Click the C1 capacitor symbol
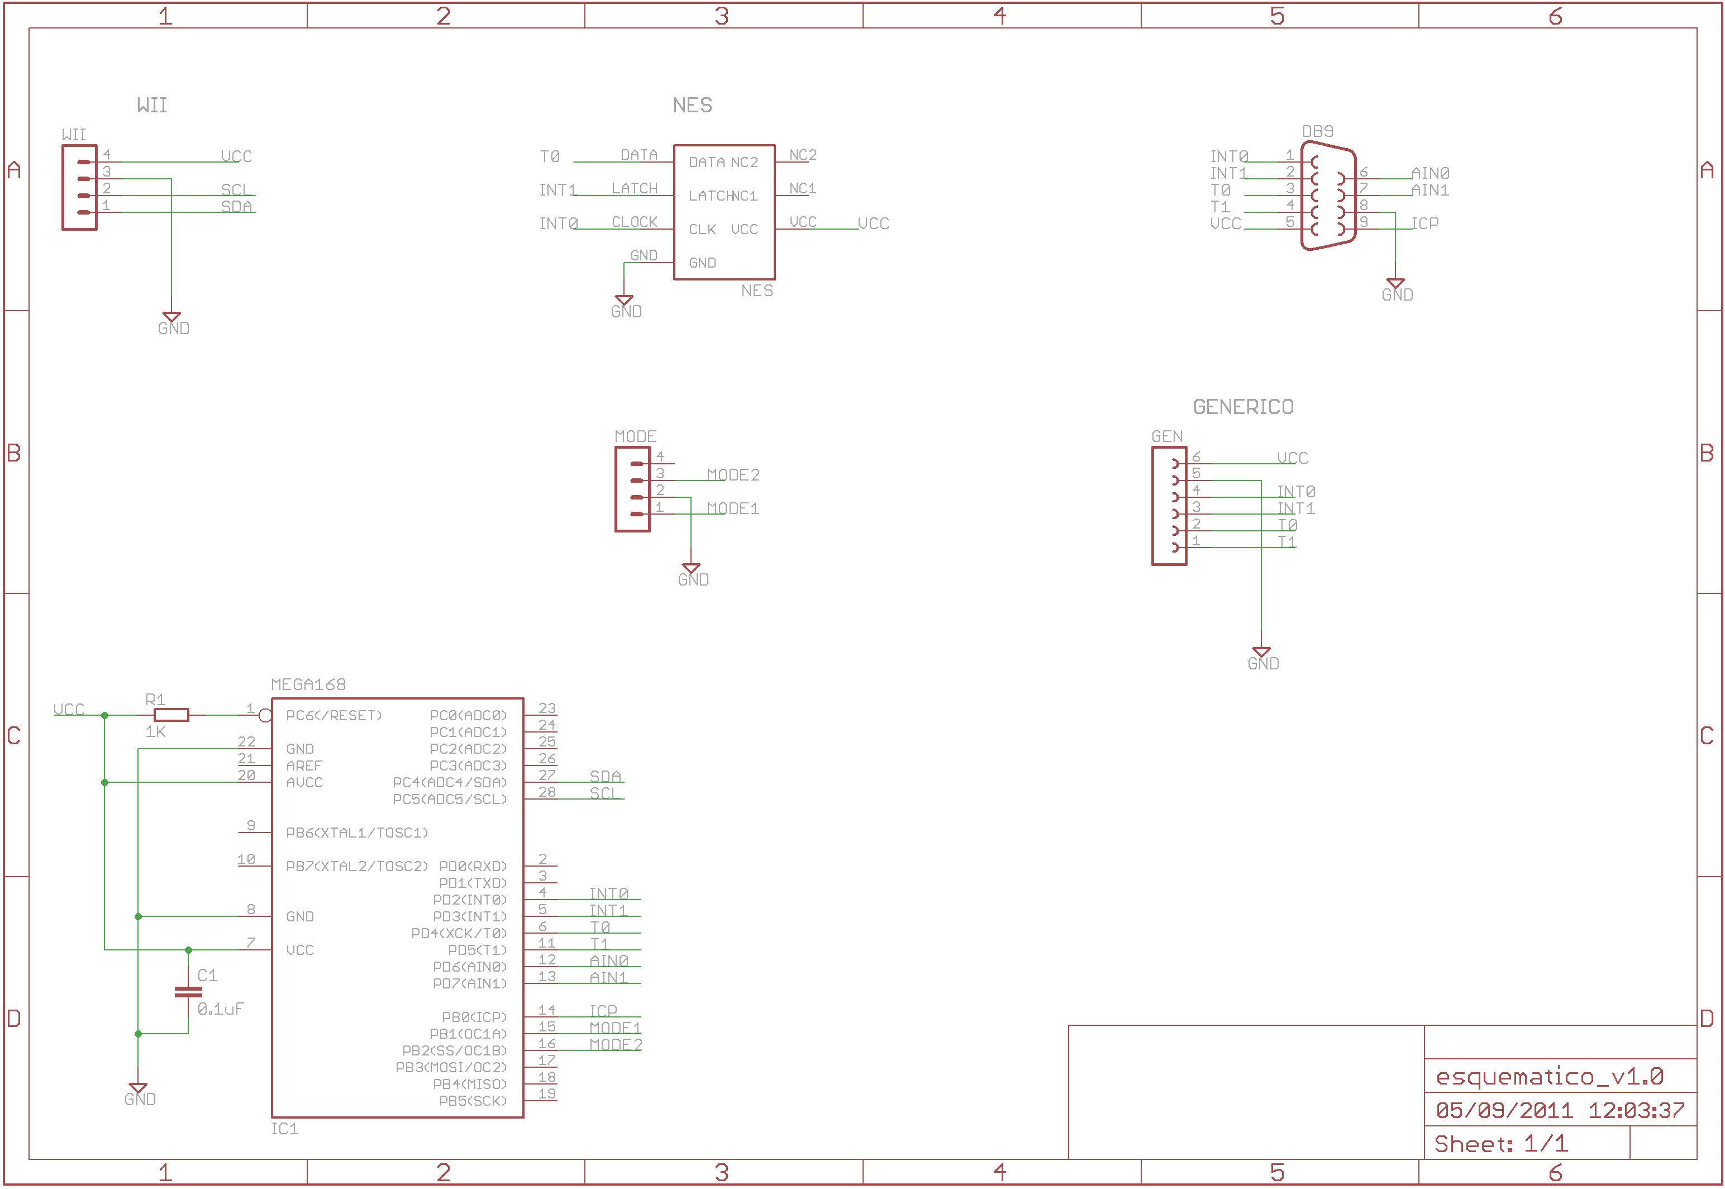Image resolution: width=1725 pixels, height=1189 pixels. coord(188,992)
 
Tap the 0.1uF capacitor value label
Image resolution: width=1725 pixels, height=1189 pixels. coord(221,1010)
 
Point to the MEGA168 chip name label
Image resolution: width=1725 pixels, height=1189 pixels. coord(308,684)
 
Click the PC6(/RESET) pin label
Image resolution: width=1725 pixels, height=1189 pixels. coord(333,716)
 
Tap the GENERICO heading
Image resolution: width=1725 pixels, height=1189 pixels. coord(1243,407)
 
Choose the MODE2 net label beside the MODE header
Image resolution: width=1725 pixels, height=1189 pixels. coord(733,475)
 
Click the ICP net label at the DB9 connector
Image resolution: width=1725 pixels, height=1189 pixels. coord(1425,223)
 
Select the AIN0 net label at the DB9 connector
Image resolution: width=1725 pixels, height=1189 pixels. coord(1430,174)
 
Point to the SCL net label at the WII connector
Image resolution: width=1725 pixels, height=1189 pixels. coord(235,190)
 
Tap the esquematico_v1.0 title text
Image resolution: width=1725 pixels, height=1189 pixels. coord(1549,1077)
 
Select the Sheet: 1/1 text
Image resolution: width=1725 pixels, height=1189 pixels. coord(1501,1144)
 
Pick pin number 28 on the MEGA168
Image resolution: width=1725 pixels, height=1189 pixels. coord(547,793)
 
